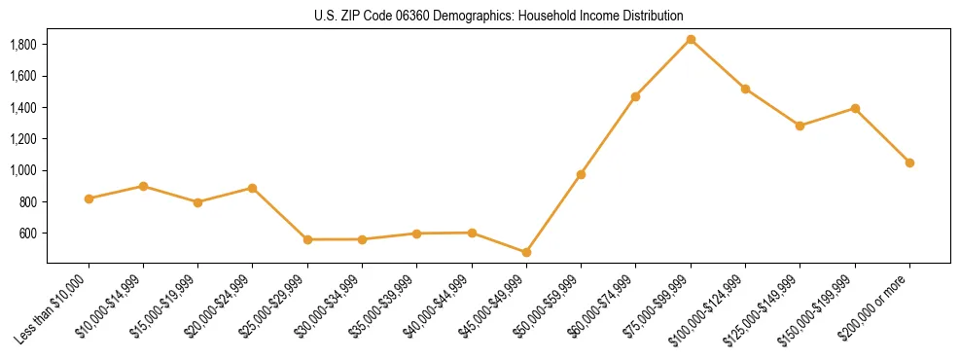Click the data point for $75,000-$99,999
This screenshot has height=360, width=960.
coord(691,39)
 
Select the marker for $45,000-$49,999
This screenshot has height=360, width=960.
coord(526,252)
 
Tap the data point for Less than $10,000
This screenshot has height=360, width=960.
coord(89,198)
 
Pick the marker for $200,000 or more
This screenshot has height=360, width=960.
coord(909,162)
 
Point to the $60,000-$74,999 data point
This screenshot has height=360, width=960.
coord(635,96)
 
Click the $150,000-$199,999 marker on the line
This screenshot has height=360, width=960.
coord(855,108)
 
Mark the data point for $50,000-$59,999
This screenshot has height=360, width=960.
coord(581,174)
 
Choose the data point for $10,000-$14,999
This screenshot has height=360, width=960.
coord(143,186)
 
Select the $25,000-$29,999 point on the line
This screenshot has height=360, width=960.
coord(307,239)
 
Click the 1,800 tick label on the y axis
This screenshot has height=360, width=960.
coord(22,45)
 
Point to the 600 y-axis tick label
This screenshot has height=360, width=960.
coord(27,234)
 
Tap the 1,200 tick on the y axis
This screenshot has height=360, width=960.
coord(22,139)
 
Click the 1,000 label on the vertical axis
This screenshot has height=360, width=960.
coord(22,170)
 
